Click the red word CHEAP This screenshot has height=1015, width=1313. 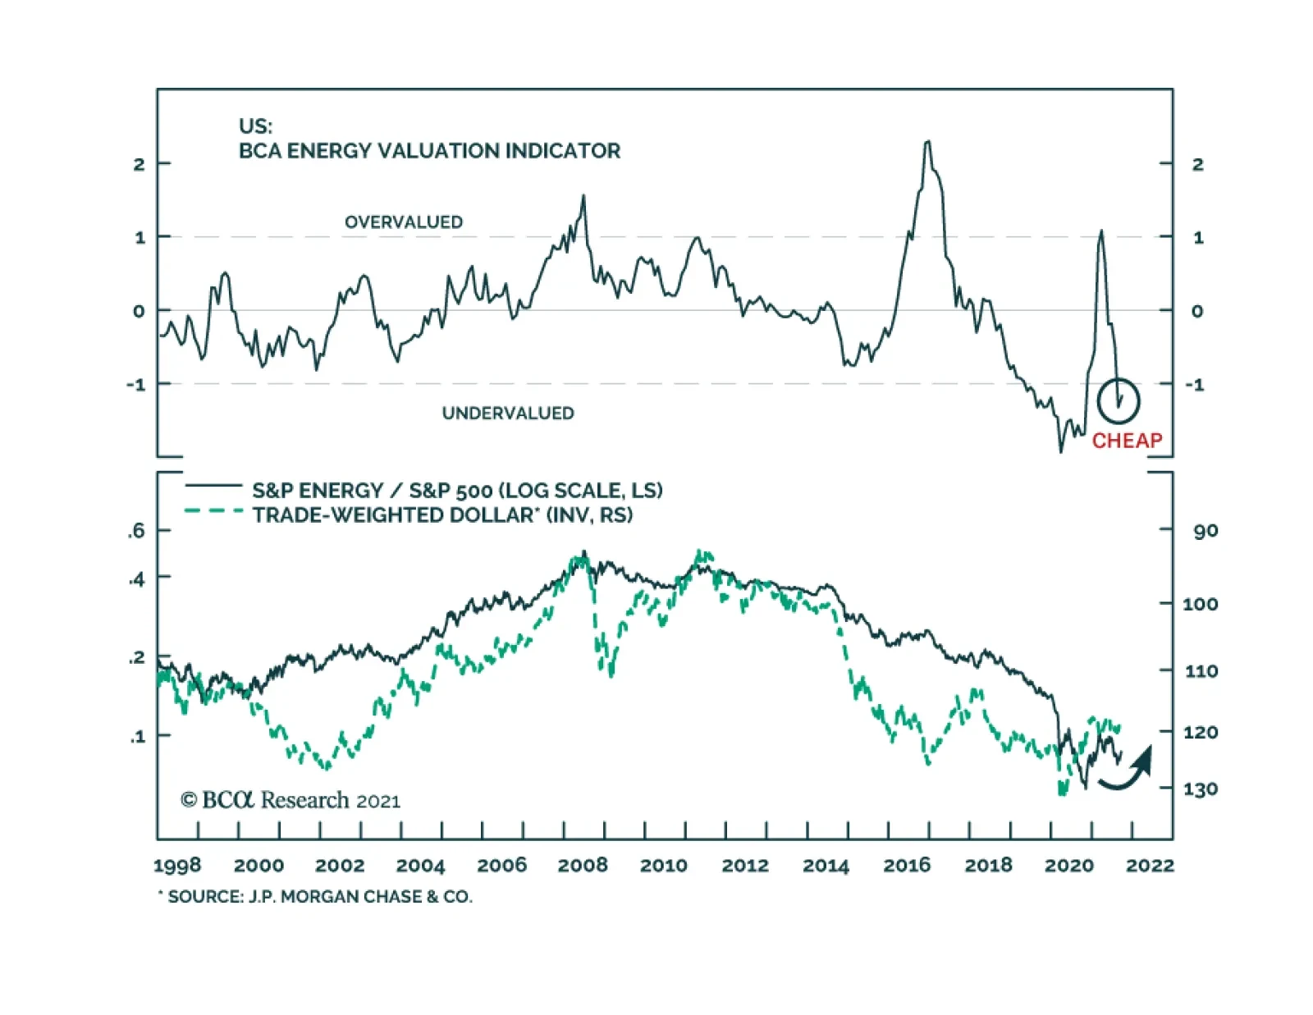[1127, 441]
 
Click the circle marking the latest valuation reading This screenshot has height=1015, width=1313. [1119, 400]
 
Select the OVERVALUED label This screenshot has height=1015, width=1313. [403, 222]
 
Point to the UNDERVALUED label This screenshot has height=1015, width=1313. [508, 413]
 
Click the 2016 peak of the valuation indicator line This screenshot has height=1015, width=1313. [927, 143]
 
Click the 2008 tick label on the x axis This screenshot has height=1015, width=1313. [583, 865]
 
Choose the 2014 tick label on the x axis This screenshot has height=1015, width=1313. [826, 865]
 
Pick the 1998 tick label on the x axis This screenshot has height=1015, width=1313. [177, 865]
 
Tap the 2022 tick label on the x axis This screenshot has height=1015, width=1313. [1150, 865]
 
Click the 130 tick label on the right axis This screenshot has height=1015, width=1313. [1200, 789]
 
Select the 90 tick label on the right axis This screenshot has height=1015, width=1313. [1205, 531]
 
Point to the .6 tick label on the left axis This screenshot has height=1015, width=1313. [136, 531]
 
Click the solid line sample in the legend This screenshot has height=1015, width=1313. [213, 486]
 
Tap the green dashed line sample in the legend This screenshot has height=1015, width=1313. [213, 511]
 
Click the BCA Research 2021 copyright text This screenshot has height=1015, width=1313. [291, 800]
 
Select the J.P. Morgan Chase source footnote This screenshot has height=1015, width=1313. [316, 897]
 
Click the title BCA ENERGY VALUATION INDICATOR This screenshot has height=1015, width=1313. [429, 151]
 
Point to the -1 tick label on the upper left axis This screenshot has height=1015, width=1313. [136, 384]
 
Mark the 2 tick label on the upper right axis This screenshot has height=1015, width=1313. [1197, 164]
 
